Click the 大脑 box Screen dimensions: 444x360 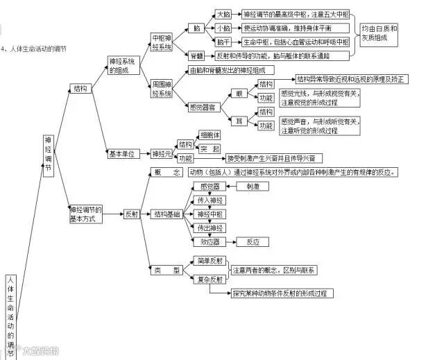[223, 14]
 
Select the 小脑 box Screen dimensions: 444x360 [223, 28]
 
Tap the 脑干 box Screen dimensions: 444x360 [223, 42]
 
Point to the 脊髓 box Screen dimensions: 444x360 [198, 55]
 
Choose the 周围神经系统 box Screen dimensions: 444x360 [162, 88]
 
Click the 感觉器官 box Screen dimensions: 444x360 [204, 107]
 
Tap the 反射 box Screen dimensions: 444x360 [132, 214]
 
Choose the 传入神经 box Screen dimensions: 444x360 [210, 200]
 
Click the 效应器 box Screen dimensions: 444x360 [210, 241]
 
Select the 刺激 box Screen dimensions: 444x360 [248, 187]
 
